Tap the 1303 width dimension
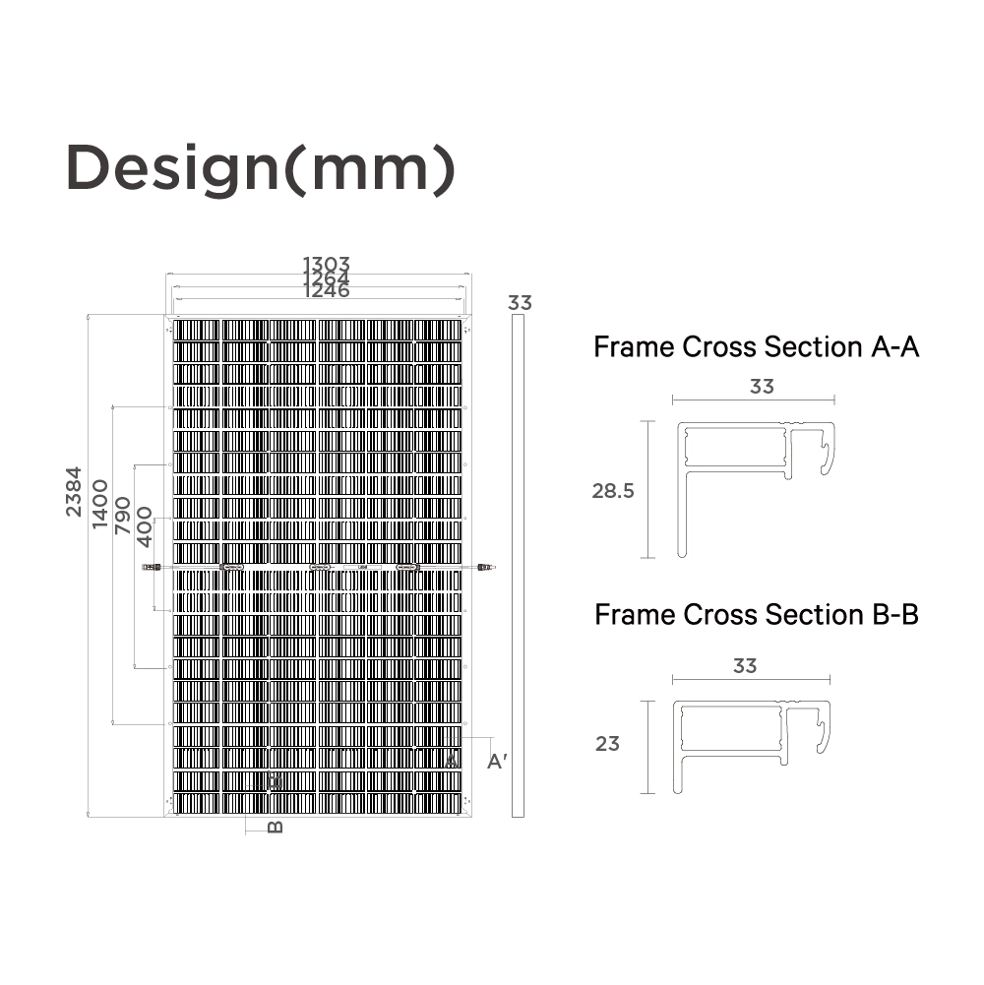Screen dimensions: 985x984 (326, 265)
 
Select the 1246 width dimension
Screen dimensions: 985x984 (326, 291)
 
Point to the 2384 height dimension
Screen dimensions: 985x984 (74, 492)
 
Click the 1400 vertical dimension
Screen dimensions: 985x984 (99, 504)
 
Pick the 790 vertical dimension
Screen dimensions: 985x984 (123, 515)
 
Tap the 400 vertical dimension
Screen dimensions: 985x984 (145, 526)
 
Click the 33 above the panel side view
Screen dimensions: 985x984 (520, 303)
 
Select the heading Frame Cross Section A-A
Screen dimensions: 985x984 (756, 347)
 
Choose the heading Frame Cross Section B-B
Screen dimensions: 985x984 (756, 615)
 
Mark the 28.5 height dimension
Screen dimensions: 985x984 (613, 491)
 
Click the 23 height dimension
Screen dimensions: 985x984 (607, 744)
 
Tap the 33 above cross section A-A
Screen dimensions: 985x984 (762, 387)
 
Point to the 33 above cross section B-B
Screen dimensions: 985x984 (745, 666)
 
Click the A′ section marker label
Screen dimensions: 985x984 (497, 761)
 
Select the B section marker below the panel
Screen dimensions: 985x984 (276, 827)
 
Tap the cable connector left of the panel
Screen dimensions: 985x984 (151, 567)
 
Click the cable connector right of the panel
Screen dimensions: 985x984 (483, 567)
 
